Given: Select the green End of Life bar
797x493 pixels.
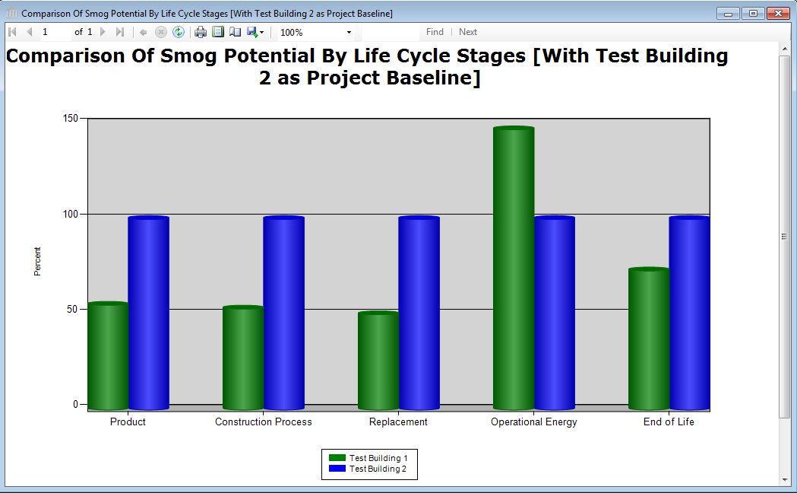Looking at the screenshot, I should [649, 339].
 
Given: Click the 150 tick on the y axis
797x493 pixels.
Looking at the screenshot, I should [71, 119].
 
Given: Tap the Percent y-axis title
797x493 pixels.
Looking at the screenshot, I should [38, 262].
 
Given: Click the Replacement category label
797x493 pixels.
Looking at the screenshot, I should [398, 422].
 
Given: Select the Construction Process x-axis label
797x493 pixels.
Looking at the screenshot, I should [263, 422].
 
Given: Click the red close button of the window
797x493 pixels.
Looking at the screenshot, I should [778, 14].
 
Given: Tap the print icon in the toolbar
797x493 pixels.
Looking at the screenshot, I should [201, 32].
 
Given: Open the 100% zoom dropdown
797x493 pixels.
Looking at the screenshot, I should [349, 33].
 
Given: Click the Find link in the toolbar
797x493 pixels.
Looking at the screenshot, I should [435, 32].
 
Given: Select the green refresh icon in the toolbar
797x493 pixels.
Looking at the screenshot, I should [179, 32].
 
